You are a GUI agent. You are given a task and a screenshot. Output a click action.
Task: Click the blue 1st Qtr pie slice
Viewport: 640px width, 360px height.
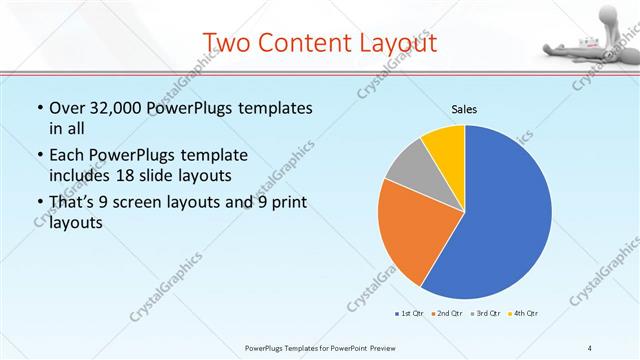[505, 220]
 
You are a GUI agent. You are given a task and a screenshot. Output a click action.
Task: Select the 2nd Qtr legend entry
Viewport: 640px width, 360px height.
[446, 313]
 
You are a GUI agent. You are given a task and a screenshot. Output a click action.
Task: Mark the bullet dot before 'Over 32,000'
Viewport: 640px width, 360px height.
[39, 108]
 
